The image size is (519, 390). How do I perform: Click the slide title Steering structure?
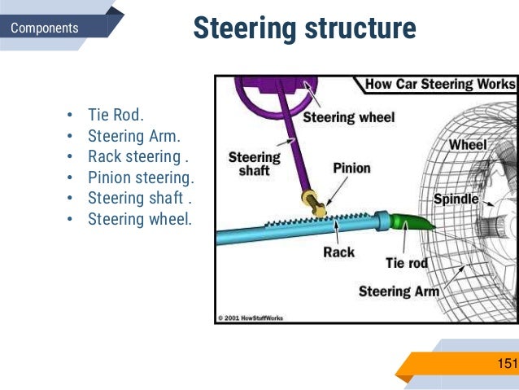click(x=304, y=28)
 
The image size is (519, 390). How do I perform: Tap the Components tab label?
click(x=45, y=28)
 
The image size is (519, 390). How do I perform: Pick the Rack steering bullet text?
click(x=137, y=156)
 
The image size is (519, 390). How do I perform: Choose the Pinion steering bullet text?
click(x=142, y=177)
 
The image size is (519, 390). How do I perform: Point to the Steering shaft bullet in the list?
click(x=137, y=198)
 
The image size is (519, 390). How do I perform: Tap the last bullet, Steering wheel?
click(x=140, y=219)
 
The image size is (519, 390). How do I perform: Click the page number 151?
click(x=507, y=363)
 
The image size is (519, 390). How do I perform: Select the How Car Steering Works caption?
click(x=439, y=84)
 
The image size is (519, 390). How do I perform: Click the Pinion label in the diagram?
click(x=351, y=169)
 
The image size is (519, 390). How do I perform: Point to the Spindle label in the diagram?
click(x=456, y=199)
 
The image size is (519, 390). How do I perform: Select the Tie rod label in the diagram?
click(x=407, y=264)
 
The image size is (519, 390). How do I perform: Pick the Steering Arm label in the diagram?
click(x=399, y=291)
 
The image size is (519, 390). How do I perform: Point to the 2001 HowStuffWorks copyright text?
click(x=251, y=318)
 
